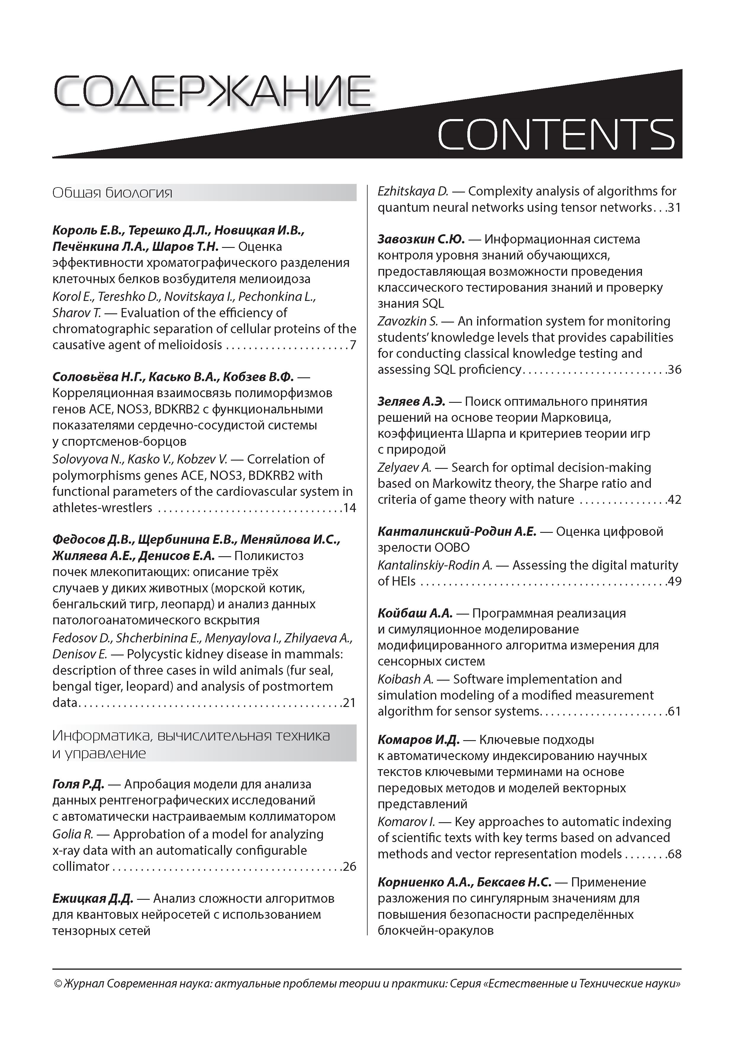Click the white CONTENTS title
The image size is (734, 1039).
pyautogui.click(x=556, y=134)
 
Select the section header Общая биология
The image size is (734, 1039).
pyautogui.click(x=112, y=193)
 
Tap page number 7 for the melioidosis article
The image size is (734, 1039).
pyautogui.click(x=353, y=345)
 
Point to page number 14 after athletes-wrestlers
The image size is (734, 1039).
pyautogui.click(x=350, y=508)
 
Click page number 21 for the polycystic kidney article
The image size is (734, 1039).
pyautogui.click(x=350, y=703)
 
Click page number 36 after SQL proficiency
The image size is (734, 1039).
pyautogui.click(x=674, y=370)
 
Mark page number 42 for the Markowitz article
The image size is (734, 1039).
pyautogui.click(x=674, y=500)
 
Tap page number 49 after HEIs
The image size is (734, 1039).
pyautogui.click(x=674, y=581)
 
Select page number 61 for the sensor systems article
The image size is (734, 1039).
pyautogui.click(x=674, y=711)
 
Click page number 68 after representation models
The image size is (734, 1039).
pyautogui.click(x=674, y=854)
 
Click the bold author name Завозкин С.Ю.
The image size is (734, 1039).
pyautogui.click(x=421, y=239)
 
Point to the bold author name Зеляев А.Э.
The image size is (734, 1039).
pyautogui.click(x=412, y=401)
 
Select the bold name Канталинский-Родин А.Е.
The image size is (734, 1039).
pyautogui.click(x=457, y=531)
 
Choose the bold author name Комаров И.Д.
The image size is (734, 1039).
pyautogui.click(x=418, y=740)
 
